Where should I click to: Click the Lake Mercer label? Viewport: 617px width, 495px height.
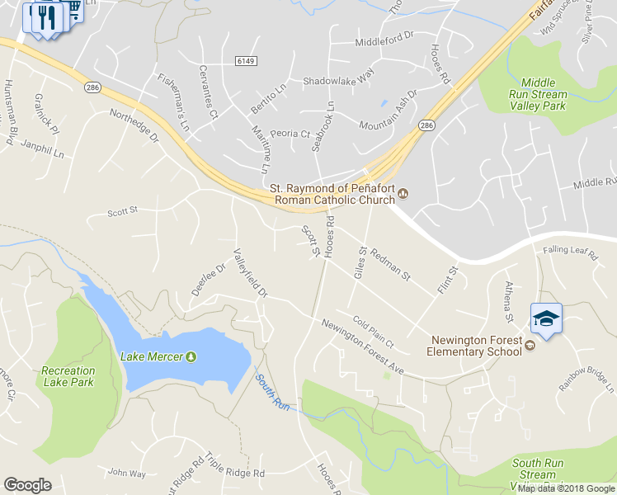[x=153, y=356]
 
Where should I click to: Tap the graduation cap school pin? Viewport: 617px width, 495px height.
[x=545, y=318]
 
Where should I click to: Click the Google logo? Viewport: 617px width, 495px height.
[x=27, y=485]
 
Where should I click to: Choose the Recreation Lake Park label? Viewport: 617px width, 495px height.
[x=68, y=376]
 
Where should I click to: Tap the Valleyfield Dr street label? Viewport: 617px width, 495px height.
[x=251, y=272]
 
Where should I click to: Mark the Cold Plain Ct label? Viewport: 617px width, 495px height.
[x=374, y=332]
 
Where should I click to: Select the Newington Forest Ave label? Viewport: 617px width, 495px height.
[x=362, y=346]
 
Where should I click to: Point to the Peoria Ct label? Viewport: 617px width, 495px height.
[x=293, y=134]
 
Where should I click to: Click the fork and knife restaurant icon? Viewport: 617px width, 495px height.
[x=47, y=17]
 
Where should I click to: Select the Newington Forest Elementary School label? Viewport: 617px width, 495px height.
[x=474, y=346]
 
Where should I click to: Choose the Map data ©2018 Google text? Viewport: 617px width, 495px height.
[x=567, y=488]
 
